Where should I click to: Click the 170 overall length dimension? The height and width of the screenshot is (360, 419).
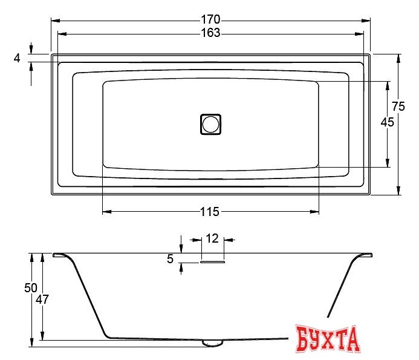click(x=210, y=19)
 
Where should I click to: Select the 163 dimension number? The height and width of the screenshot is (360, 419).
click(x=210, y=33)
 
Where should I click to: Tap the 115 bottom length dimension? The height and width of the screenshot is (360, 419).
click(x=210, y=211)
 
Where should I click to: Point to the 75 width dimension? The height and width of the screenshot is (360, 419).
click(x=398, y=106)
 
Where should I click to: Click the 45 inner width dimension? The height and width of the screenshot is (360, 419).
click(x=387, y=122)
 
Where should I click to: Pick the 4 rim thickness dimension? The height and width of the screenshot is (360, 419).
click(x=17, y=58)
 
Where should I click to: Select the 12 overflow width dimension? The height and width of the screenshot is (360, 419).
click(x=212, y=238)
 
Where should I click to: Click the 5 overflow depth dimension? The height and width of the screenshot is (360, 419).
click(x=170, y=258)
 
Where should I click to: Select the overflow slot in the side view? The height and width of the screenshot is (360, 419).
click(x=212, y=262)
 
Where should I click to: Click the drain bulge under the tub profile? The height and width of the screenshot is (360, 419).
click(x=212, y=343)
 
